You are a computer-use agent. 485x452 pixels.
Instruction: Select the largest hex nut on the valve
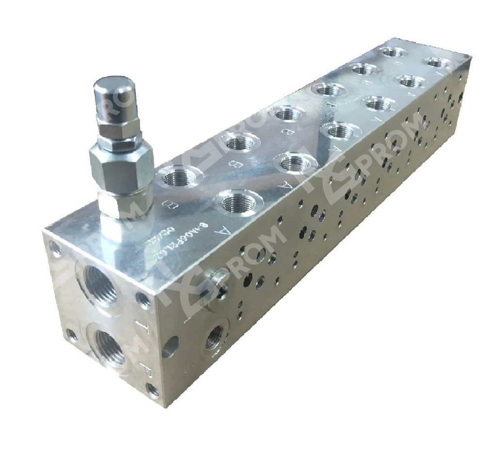tap(121, 164)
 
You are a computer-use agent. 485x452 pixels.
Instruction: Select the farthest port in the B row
tap(392, 52)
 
